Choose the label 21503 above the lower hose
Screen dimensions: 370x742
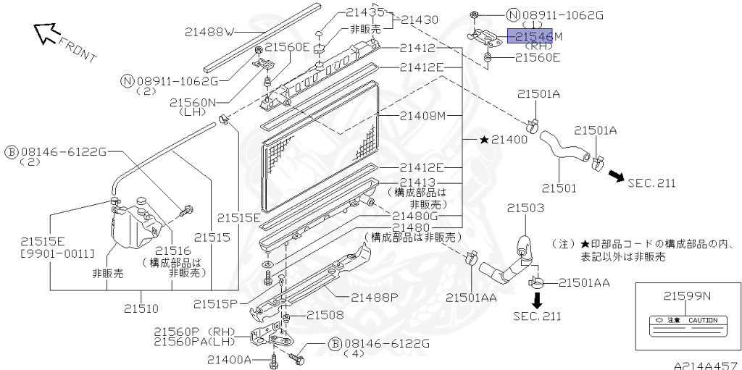coord(525,209)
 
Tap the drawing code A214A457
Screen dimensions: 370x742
coord(704,365)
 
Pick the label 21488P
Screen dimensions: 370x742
coord(375,297)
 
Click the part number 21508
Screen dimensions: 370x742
coord(325,315)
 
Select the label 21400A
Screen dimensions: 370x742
coord(228,360)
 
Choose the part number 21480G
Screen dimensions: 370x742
coord(415,215)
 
